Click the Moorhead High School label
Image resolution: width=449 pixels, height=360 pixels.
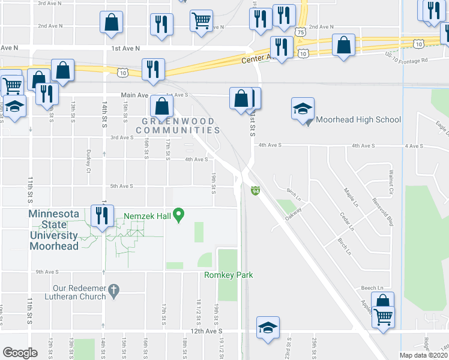pos(358,119)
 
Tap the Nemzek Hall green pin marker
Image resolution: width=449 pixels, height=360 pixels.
pos(178,215)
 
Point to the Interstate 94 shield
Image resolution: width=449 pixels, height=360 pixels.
pos(255,190)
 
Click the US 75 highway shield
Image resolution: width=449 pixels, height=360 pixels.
pos(300,29)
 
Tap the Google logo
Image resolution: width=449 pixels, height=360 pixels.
pos(20,353)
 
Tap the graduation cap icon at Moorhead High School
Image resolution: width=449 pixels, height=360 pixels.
pos(303,109)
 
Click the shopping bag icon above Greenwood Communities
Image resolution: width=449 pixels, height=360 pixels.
pos(161,106)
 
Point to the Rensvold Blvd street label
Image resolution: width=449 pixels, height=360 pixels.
pos(382,212)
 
